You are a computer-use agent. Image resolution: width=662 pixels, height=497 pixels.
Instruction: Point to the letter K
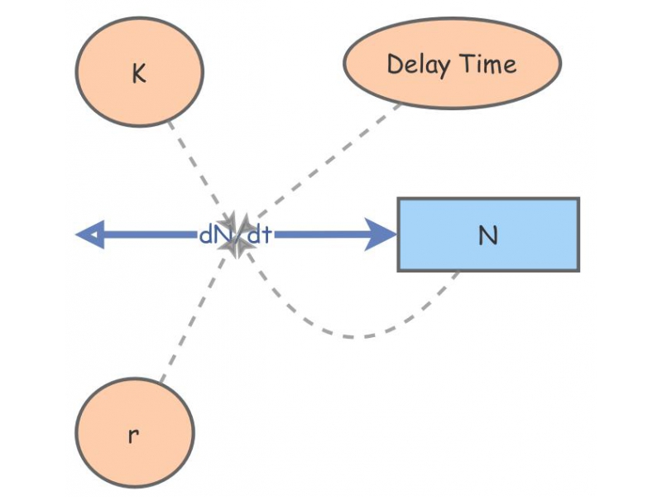coord(139,74)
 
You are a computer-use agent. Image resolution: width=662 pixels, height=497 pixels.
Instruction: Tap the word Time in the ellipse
coord(488,64)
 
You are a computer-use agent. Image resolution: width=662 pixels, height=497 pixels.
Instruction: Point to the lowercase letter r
coord(134,436)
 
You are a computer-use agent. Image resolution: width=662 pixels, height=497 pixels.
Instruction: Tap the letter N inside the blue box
coord(488,235)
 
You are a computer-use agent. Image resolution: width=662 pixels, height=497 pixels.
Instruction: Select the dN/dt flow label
coord(235,234)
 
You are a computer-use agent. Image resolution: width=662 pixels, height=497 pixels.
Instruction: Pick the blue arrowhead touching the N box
coord(382,234)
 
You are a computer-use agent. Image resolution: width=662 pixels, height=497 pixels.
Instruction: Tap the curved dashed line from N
coord(356,336)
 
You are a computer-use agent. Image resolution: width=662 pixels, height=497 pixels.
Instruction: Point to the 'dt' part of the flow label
coord(260,234)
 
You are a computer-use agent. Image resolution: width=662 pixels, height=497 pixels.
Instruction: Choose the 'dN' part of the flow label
coord(210,234)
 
